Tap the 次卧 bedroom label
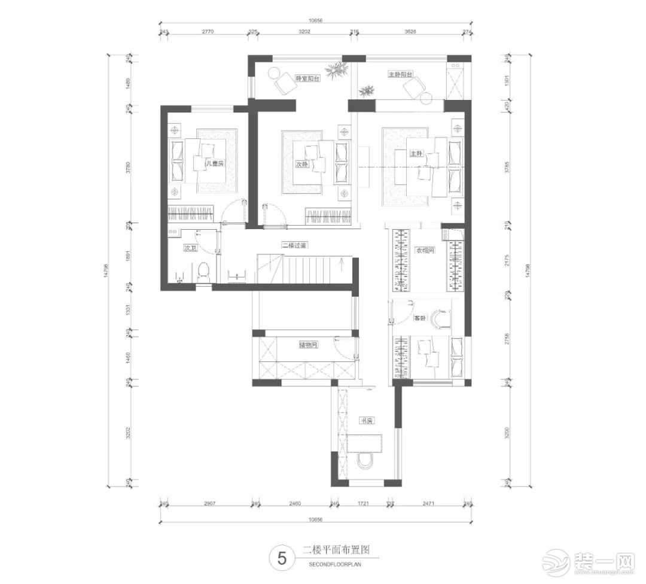[x=301, y=165]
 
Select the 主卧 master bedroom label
[x=416, y=154]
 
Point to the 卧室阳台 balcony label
[x=307, y=78]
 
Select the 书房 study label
[x=366, y=421]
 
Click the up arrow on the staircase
[x=341, y=260]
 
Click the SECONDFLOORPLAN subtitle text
[x=336, y=564]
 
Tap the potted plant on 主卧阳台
[x=365, y=90]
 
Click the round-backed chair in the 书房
[x=364, y=461]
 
